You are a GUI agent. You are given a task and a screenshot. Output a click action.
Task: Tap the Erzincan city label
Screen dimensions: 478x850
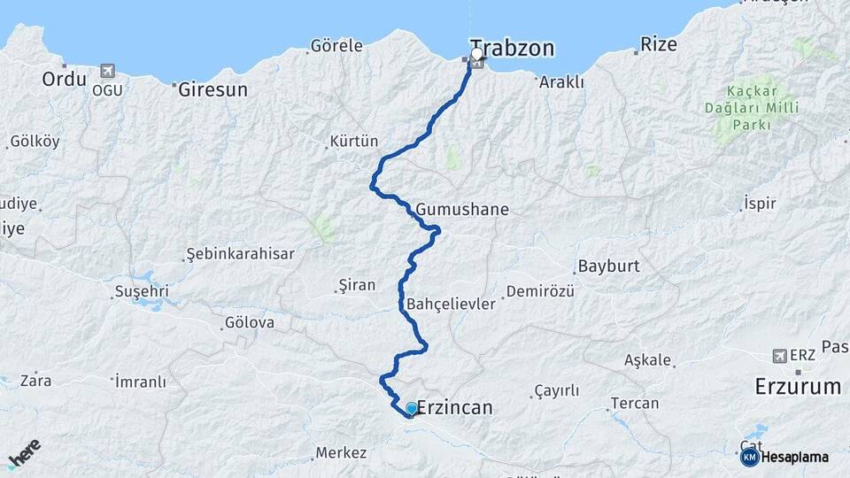tap(453, 408)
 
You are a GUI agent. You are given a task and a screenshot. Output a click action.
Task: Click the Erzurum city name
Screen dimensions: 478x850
tap(798, 387)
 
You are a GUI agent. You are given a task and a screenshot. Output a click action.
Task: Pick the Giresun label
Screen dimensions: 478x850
tap(212, 89)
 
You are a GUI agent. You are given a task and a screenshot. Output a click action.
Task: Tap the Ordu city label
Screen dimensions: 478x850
tap(64, 80)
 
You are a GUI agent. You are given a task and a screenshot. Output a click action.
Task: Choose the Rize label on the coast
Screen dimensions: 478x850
tap(658, 44)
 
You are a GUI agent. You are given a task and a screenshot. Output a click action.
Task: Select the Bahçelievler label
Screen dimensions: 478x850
tap(451, 304)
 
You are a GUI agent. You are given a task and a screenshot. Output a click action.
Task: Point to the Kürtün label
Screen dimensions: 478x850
tap(353, 142)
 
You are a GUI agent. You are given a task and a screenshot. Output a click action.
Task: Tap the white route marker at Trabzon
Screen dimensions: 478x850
tap(477, 54)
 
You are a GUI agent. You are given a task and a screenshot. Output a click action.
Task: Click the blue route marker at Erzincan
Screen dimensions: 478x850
tap(412, 408)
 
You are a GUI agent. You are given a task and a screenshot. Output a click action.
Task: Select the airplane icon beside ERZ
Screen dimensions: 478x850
tap(779, 355)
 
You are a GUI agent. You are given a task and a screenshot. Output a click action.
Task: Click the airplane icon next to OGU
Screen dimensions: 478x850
tap(109, 69)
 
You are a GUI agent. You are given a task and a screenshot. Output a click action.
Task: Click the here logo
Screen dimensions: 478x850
tap(25, 453)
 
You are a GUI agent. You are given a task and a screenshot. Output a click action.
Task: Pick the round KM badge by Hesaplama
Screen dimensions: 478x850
tap(749, 457)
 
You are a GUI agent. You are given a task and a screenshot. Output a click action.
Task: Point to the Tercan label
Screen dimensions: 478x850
tap(634, 404)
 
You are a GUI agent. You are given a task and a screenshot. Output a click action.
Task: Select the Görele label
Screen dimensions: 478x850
tap(336, 45)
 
